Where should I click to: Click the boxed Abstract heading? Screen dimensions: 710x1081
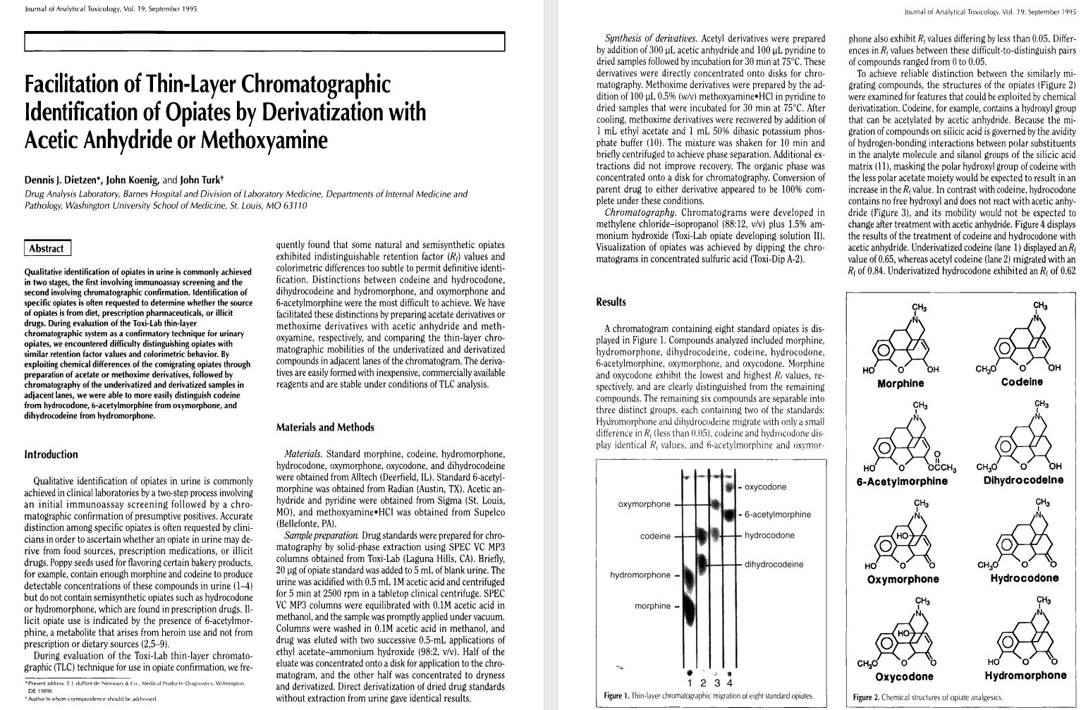[47, 248]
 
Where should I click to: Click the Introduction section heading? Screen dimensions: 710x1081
[51, 455]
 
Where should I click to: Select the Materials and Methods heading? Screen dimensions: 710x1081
[325, 427]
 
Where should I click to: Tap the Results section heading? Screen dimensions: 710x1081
[611, 302]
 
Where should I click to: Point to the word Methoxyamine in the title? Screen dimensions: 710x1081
[264, 140]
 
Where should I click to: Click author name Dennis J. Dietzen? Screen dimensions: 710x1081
[63, 180]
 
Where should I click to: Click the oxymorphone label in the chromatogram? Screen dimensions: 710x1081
[645, 504]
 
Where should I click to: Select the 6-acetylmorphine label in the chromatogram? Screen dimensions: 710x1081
[778, 515]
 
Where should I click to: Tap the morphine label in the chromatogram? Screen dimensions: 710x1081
[652, 606]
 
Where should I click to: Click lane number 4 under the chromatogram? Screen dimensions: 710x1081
[729, 683]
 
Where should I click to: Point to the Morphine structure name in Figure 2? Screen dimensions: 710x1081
[900, 384]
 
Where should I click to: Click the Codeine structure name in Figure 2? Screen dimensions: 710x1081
[1022, 382]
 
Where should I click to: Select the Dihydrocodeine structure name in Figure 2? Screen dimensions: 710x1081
[1023, 481]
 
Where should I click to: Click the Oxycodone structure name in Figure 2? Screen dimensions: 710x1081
[904, 677]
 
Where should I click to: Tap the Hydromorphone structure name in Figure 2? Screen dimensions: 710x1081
[1025, 675]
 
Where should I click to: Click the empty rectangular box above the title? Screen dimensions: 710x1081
[264, 42]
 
